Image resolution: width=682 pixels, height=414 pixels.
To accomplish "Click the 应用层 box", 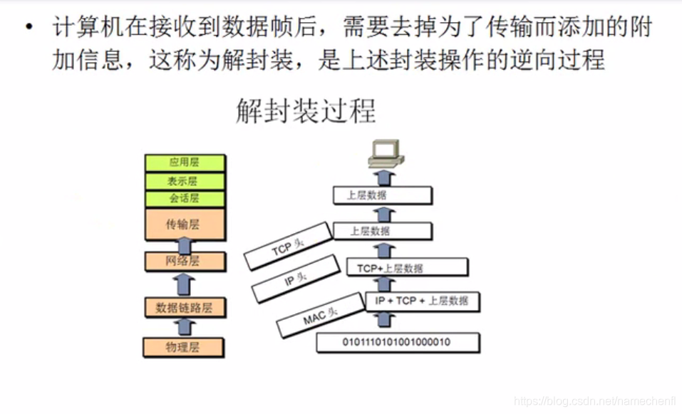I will pyautogui.click(x=184, y=162).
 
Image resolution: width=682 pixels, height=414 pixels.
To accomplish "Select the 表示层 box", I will pyautogui.click(x=184, y=181).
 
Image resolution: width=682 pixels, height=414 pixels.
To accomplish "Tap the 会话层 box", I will pyautogui.click(x=184, y=199).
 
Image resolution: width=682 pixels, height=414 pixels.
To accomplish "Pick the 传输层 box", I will pyautogui.click(x=184, y=224).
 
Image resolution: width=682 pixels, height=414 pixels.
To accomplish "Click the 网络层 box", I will pyautogui.click(x=184, y=262).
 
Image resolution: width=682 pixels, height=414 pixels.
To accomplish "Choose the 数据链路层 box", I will pyautogui.click(x=184, y=308).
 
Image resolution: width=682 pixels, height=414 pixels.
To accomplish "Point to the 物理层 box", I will pyautogui.click(x=184, y=348).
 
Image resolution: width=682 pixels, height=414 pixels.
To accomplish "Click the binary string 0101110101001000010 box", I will pyautogui.click(x=396, y=343).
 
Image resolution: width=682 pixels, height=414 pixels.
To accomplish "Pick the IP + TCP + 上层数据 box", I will pyautogui.click(x=422, y=301).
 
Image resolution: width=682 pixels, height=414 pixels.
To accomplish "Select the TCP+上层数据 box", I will pyautogui.click(x=406, y=268).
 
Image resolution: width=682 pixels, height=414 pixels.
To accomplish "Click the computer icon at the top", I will pyautogui.click(x=385, y=152).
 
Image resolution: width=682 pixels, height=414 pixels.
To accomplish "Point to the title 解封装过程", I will pyautogui.click(x=306, y=113).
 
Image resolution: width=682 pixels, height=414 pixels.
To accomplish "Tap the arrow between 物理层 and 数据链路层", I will pyautogui.click(x=185, y=328).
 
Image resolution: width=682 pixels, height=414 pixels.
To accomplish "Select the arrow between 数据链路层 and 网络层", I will pyautogui.click(x=185, y=284).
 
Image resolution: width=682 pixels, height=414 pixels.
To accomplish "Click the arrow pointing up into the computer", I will pyautogui.click(x=384, y=177).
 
